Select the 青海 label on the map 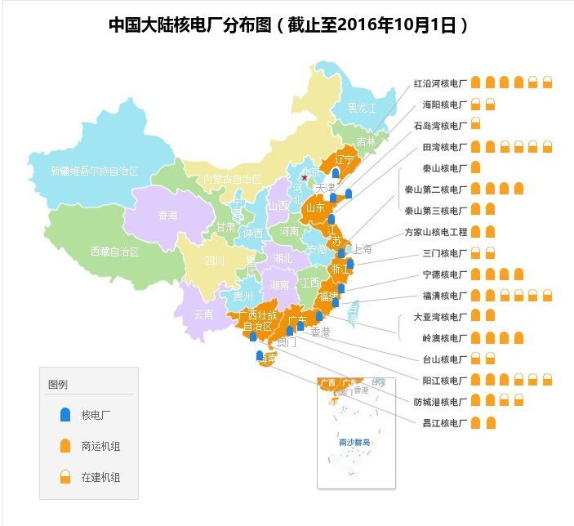[x=167, y=216]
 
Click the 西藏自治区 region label [x=116, y=251]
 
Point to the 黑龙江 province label [x=362, y=108]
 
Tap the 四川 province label [x=215, y=261]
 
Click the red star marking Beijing [x=305, y=177]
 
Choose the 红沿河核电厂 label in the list [x=440, y=83]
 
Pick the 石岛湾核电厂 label [x=440, y=126]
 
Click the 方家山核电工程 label [x=436, y=232]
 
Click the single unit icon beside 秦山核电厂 [x=475, y=168]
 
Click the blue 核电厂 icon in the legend [x=65, y=415]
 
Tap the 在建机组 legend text [x=100, y=477]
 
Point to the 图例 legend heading [x=57, y=385]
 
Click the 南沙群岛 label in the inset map [x=354, y=442]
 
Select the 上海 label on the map [x=362, y=249]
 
